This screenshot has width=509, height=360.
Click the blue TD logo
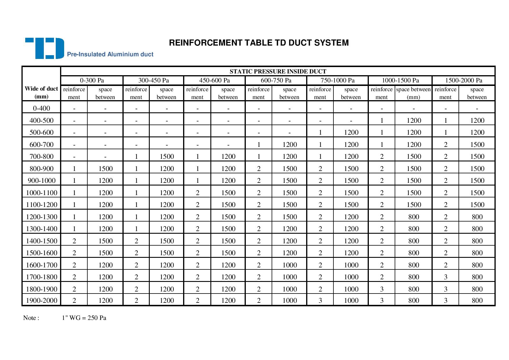(44, 48)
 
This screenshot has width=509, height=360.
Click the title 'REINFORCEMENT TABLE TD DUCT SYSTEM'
(259, 43)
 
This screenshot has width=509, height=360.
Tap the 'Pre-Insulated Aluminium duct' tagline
(110, 54)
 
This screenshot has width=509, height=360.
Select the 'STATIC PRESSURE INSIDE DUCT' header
(278, 71)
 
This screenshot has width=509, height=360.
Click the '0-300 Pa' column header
(92, 80)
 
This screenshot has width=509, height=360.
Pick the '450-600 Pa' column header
(214, 80)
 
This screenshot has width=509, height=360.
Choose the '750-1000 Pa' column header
(337, 80)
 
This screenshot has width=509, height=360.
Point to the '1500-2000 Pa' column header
(463, 80)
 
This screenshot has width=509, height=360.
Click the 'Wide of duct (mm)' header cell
(41, 93)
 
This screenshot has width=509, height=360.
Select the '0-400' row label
(41, 108)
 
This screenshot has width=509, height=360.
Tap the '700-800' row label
(41, 156)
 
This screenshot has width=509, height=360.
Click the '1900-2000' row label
(41, 300)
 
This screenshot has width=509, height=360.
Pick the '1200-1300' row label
(41, 217)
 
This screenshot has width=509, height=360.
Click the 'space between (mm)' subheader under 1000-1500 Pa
(413, 93)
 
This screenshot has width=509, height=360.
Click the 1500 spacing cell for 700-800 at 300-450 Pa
(167, 156)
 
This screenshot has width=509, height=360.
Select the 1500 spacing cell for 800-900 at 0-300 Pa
(105, 169)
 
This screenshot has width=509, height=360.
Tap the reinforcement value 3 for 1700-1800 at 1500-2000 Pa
(445, 277)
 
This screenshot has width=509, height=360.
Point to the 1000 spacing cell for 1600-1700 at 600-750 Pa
(289, 265)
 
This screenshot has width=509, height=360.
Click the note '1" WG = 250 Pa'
(84, 318)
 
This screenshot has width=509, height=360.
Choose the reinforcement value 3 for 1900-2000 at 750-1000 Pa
(320, 300)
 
